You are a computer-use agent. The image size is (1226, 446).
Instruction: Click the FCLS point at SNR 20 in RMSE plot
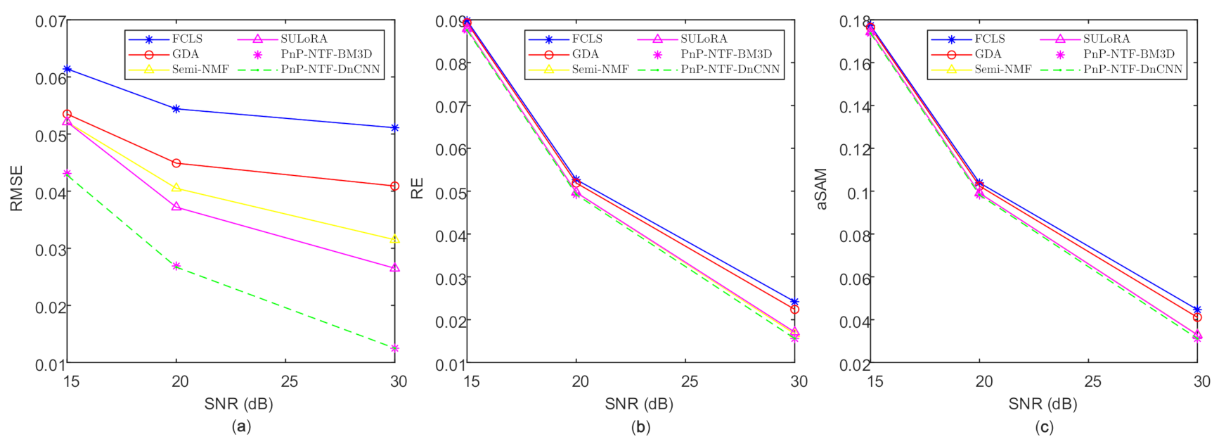[x=176, y=109]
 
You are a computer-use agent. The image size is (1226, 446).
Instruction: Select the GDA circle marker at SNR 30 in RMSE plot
[x=394, y=186]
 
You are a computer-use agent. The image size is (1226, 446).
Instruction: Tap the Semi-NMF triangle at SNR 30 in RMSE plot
[x=394, y=239]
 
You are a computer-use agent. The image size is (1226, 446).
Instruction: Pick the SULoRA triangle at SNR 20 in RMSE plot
[x=176, y=207]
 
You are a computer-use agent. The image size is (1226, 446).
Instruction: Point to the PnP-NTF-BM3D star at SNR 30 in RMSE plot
[x=394, y=348]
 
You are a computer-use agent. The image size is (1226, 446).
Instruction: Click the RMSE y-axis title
[x=16, y=188]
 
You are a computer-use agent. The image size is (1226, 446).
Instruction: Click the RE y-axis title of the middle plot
[x=417, y=188]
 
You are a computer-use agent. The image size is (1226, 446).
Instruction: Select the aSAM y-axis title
[x=820, y=189]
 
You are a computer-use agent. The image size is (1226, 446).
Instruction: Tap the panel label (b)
[x=640, y=426]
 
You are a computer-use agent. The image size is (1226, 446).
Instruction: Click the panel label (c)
[x=1043, y=426]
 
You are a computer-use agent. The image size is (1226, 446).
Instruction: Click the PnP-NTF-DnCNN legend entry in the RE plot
[x=730, y=69]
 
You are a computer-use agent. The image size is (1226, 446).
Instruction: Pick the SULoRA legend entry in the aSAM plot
[x=1106, y=39]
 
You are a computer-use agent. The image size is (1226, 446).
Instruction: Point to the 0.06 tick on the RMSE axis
[x=51, y=79]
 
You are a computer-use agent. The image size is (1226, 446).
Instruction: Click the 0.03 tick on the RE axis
[x=451, y=279]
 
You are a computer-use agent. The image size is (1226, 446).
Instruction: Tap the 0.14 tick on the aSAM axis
[x=854, y=107]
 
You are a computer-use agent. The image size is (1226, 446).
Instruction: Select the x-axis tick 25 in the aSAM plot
[x=1092, y=381]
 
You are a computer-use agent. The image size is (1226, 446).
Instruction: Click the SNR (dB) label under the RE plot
[x=638, y=404]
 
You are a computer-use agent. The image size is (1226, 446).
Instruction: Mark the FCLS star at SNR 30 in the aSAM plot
[x=1197, y=310]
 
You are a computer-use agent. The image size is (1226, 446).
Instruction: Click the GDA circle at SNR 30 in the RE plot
[x=794, y=310]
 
